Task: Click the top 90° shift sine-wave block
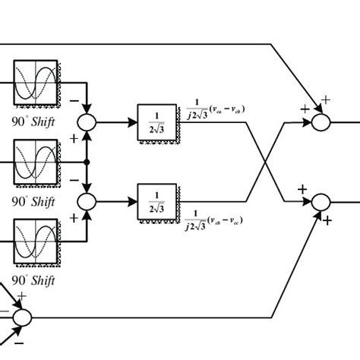35,83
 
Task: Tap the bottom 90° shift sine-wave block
35,241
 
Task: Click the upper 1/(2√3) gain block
156,121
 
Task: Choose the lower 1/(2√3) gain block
156,201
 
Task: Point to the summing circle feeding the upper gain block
89,122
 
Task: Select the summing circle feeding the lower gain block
89,201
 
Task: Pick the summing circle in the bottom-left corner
22,316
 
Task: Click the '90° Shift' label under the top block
34,120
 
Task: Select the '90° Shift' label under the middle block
34,201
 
